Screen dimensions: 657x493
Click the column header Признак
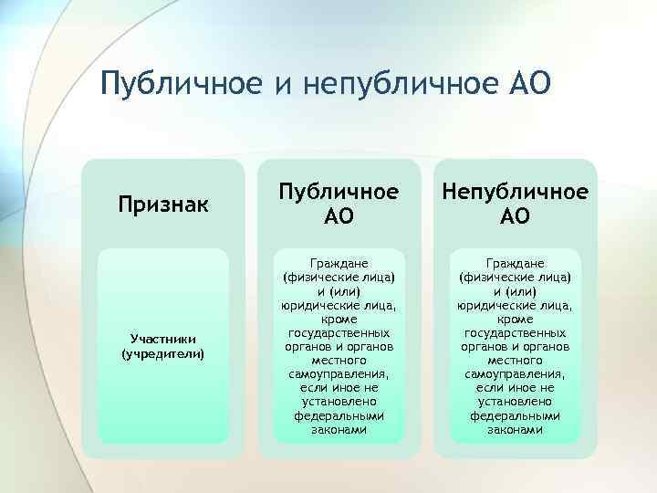click(163, 204)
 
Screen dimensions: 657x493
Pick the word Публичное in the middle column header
click(339, 193)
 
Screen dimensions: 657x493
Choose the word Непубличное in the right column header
click(515, 193)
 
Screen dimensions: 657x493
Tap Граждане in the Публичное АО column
click(339, 262)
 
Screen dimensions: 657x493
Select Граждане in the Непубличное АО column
click(515, 262)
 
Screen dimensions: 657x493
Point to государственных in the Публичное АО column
click(339, 333)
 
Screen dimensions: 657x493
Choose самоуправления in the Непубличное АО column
click(515, 374)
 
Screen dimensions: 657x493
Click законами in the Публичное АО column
click(339, 428)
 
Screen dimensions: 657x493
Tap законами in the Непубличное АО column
click(515, 428)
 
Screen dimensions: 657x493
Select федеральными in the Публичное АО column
click(339, 414)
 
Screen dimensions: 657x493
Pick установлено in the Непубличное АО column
click(515, 401)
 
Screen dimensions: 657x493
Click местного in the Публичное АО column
click(339, 361)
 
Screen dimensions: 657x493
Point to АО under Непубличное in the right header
click(515, 217)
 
